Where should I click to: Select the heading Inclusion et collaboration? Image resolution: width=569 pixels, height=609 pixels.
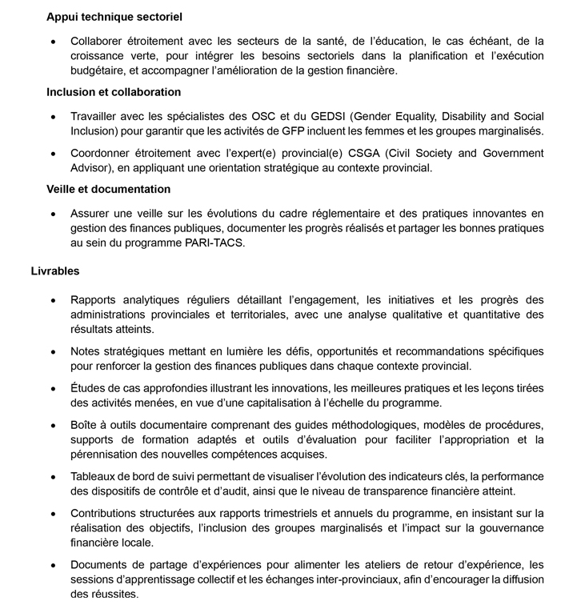coord(114,92)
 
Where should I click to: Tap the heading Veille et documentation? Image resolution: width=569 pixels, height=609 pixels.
coord(108,189)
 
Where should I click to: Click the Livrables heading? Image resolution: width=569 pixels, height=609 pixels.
coord(55,271)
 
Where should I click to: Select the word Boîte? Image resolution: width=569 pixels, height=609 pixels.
coord(86,424)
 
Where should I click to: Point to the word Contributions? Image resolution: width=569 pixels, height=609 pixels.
coord(107,512)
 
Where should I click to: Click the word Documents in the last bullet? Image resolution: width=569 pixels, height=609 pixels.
coord(100,564)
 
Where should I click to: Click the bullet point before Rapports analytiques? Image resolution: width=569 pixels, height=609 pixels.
coord(53,300)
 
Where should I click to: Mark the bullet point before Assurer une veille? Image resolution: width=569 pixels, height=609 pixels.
coord(53,214)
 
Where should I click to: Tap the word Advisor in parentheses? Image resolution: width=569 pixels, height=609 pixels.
coord(91,168)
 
